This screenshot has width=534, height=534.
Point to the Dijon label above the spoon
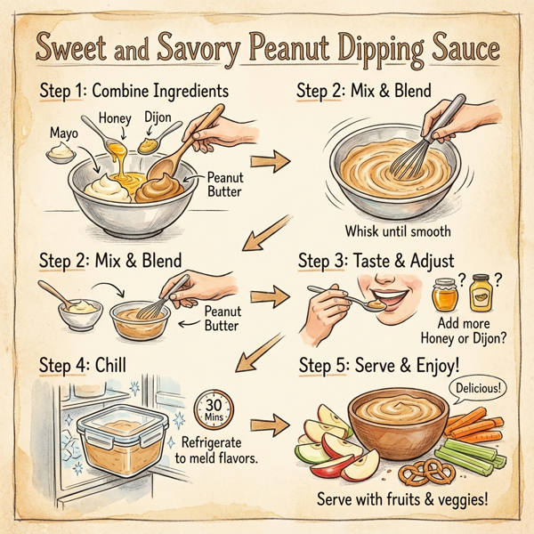[x=158, y=115]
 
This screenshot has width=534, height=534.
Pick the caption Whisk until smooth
[x=398, y=231]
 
